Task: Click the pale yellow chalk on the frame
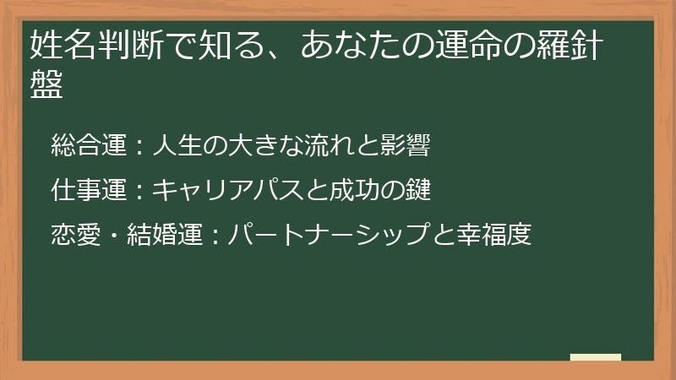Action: coord(596,357)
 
